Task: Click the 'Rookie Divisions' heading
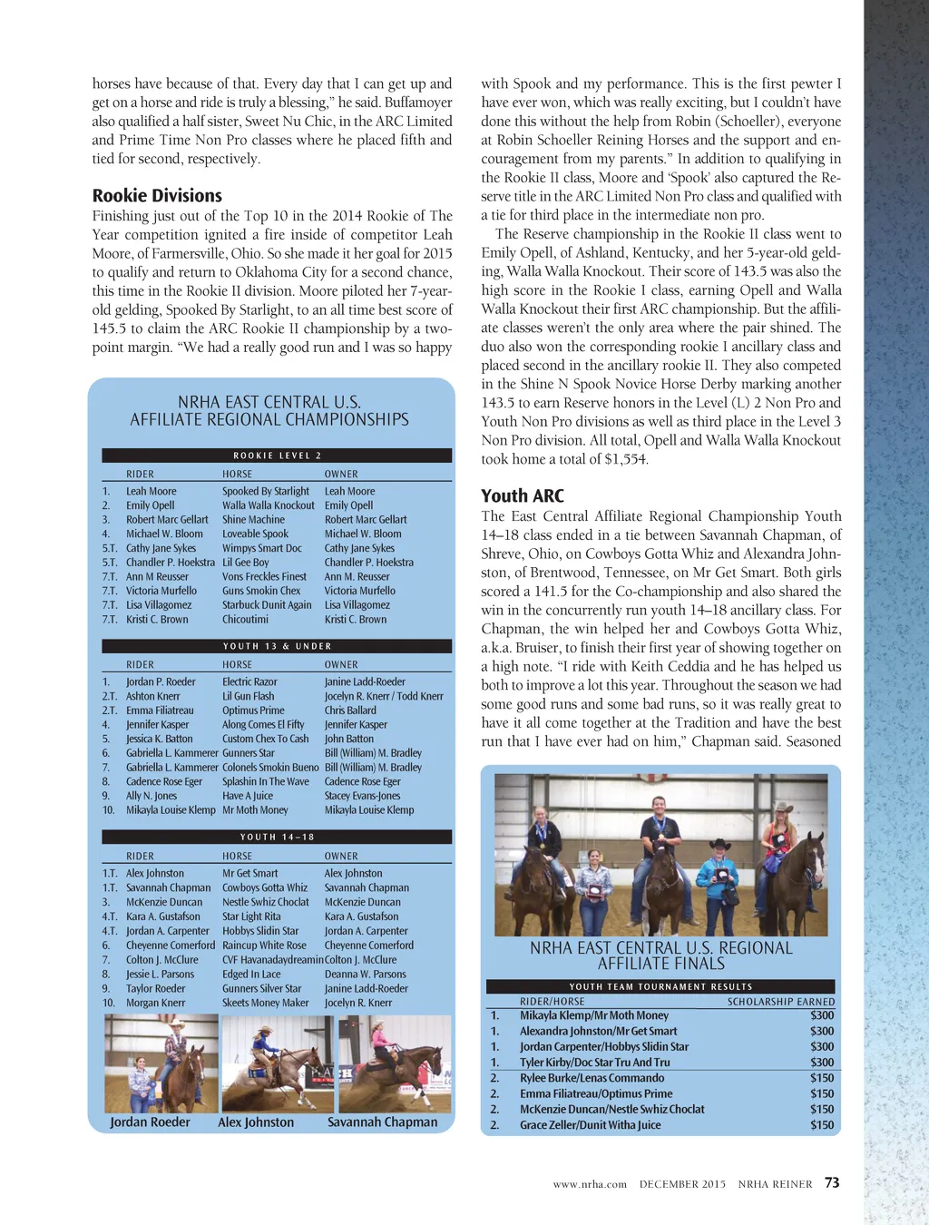157,195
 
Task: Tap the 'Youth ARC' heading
523,495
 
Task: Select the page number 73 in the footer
832,1182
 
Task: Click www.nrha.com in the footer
590,1184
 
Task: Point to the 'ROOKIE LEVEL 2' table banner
277,456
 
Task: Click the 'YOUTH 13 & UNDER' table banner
277,646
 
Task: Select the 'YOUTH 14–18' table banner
277,837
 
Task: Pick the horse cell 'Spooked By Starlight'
266,491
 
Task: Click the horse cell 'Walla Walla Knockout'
269,505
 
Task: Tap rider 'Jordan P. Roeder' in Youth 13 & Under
161,681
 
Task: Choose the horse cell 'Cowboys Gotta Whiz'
265,887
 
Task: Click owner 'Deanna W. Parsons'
366,974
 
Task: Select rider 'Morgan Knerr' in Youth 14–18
155,1003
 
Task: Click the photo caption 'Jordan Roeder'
150,1122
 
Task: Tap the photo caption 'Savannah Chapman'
382,1122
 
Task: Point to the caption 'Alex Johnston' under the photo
256,1122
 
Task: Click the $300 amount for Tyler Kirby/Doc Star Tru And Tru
822,1062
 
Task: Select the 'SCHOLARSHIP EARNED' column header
781,1002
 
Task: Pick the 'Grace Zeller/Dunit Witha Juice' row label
590,1124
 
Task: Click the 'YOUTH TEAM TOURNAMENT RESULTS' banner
660,986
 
